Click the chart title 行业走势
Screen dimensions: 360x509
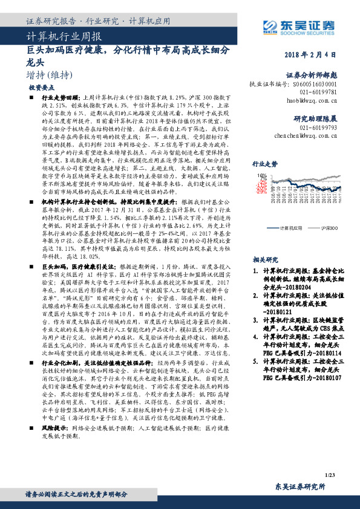(x=264, y=163)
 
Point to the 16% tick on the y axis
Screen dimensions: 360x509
(x=263, y=175)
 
